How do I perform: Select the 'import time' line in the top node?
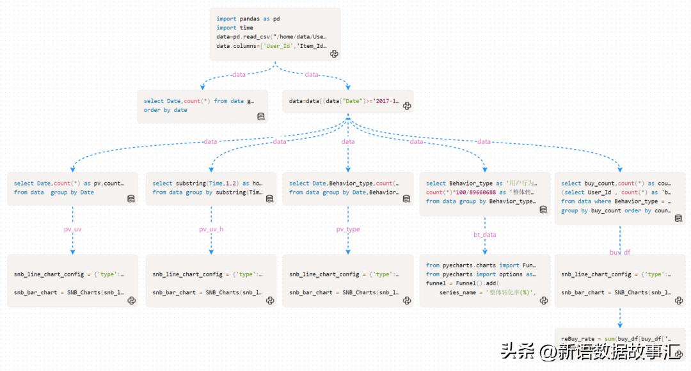[x=235, y=28]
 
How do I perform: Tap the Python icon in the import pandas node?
[x=334, y=54]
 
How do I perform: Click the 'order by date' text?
[x=165, y=110]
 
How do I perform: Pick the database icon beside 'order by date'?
[x=261, y=116]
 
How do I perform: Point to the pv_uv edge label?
[x=72, y=228]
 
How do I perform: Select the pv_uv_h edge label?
[x=211, y=228]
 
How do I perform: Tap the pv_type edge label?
[x=348, y=228]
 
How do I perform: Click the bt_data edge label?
[x=484, y=235]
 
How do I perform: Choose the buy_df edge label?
[x=619, y=252]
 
